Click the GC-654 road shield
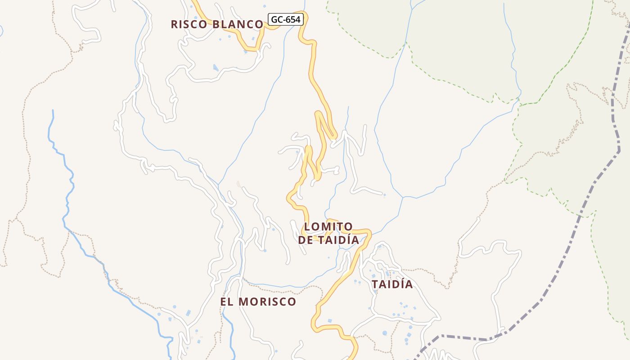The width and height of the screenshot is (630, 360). click(286, 19)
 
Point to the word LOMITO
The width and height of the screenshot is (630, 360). click(328, 226)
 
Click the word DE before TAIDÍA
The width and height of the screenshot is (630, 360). click(306, 240)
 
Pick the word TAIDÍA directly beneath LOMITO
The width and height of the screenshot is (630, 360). click(338, 240)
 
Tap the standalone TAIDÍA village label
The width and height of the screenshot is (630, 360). click(392, 284)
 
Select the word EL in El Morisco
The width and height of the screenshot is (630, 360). click(227, 301)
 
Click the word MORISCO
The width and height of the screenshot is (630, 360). click(267, 301)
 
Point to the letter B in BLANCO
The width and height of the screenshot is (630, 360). click(216, 24)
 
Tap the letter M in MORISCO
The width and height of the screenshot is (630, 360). click(243, 301)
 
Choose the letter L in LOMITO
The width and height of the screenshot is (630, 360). click(307, 226)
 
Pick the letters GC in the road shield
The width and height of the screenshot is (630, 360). click(276, 19)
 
